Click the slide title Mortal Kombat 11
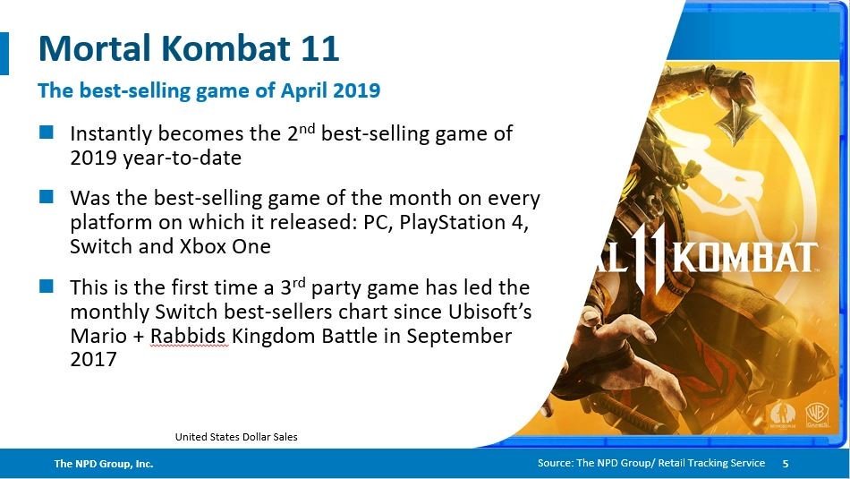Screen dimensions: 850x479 coord(189,48)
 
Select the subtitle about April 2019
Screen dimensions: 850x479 coord(208,90)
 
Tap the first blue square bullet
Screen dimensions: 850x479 coord(47,133)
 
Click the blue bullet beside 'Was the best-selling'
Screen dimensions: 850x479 coord(47,196)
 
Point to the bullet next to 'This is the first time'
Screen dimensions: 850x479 coord(47,286)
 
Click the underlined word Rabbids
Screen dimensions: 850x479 coord(188,336)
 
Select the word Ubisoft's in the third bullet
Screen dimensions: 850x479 coord(490,312)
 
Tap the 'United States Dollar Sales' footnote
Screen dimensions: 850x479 coord(236,437)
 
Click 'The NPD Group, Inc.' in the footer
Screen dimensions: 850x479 coord(104,464)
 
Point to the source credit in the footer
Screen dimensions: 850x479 coord(651,463)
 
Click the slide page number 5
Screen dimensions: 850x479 coord(786,463)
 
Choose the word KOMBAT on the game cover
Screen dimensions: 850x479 coord(745,259)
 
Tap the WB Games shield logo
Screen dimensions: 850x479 coord(816,415)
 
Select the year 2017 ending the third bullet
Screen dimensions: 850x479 coord(93,359)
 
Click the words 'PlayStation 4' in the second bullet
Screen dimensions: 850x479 coord(463,222)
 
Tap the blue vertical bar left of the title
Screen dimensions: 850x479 coord(4,53)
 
